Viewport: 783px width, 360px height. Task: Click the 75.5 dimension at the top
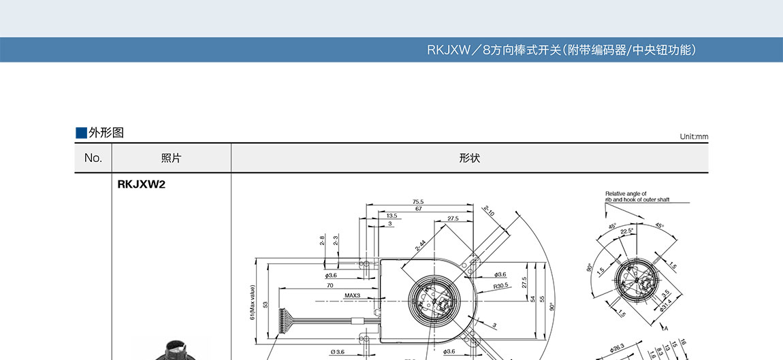click(418, 201)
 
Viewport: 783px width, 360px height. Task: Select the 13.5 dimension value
click(392, 216)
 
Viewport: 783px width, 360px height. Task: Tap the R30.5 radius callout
click(501, 286)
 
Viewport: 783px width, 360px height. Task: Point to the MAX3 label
click(352, 295)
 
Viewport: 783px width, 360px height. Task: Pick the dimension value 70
click(330, 286)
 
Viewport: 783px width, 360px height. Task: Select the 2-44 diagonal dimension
click(421, 245)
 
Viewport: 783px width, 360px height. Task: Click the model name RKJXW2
click(142, 184)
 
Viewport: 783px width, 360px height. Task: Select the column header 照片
click(171, 158)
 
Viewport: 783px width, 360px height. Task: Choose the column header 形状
click(470, 158)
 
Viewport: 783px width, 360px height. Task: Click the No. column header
click(93, 158)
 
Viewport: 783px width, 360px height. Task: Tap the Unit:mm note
click(694, 137)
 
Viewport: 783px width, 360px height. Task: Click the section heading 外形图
click(106, 133)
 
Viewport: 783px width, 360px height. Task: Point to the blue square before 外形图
click(81, 133)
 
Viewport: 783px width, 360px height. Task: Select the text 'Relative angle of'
click(626, 194)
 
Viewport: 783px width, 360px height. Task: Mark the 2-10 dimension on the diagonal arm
click(490, 212)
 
